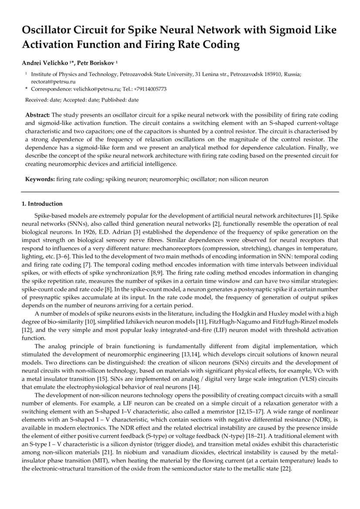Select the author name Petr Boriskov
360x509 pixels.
[x=97, y=63]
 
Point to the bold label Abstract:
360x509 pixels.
[x=37, y=115]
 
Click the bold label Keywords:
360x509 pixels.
[x=40, y=179]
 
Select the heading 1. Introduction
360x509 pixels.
[x=42, y=204]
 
